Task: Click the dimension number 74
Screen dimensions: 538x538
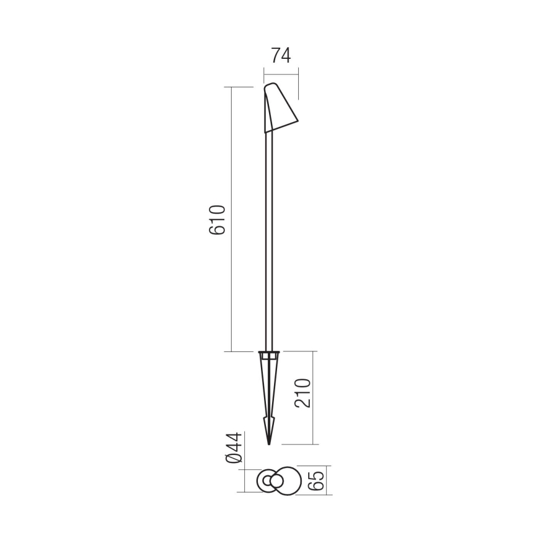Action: tap(281, 56)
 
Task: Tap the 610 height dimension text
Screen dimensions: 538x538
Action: tap(218, 220)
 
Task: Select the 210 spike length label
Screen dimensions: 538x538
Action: tap(302, 393)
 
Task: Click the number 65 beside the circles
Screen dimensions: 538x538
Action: tap(316, 481)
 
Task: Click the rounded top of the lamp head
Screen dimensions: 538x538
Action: tap(270, 86)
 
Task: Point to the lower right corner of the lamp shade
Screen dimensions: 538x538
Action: tap(297, 121)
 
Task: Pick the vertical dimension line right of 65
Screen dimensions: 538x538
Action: tap(326, 481)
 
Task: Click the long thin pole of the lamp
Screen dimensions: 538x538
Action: tap(269, 248)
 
